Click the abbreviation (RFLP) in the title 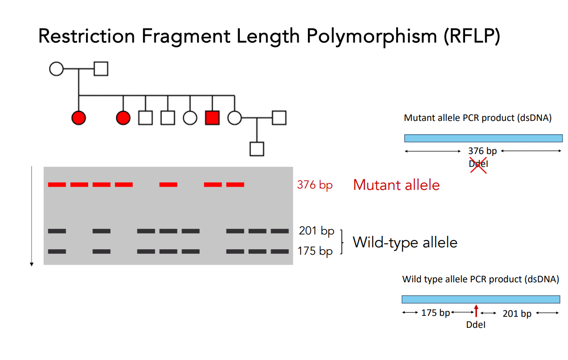tap(472, 36)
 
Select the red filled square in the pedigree tap(212, 118)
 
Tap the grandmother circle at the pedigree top tap(56, 69)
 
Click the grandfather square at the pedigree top tap(101, 69)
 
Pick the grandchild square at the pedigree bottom tap(256, 149)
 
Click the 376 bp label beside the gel tap(315, 185)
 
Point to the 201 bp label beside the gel tap(316, 231)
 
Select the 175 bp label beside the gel tap(315, 251)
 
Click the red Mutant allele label tap(396, 185)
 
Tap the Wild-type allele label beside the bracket tap(405, 242)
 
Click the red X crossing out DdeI tap(478, 164)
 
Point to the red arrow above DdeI tap(477, 310)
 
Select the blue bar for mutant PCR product tap(483, 138)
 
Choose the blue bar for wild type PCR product tap(481, 299)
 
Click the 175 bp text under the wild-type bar tap(435, 313)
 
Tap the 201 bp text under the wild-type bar tap(517, 314)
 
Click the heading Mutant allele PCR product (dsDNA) tap(477, 118)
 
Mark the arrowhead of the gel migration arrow tap(32, 264)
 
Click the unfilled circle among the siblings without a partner tap(190, 118)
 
